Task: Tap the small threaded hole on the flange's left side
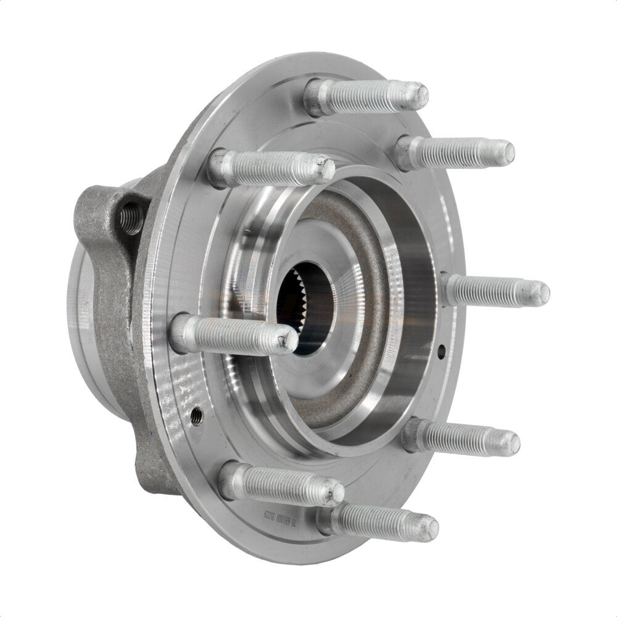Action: tap(197, 415)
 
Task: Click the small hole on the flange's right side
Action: tap(441, 352)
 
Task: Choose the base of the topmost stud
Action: tap(317, 97)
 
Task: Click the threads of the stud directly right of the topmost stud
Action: tap(457, 152)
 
